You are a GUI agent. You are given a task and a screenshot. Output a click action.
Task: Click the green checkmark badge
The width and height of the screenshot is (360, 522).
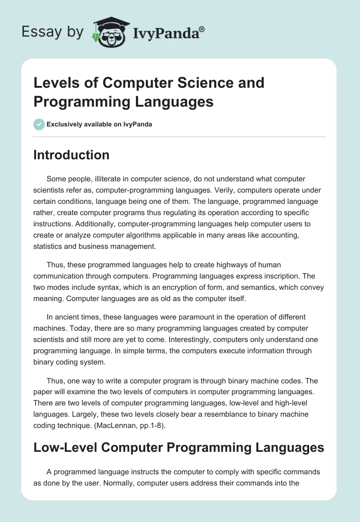39,125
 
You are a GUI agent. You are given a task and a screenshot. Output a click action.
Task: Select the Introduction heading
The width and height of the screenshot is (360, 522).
72,155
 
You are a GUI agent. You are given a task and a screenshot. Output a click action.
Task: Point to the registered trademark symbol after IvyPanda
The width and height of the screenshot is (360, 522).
202,29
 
